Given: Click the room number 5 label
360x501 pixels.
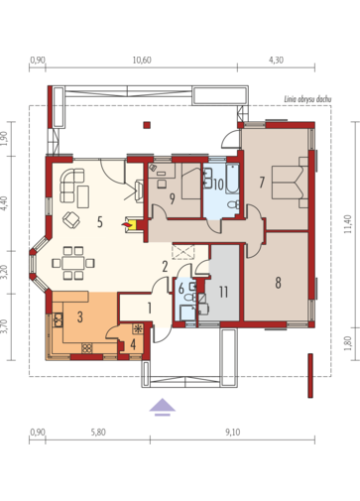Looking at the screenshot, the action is [100, 222].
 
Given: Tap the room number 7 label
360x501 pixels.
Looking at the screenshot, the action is [262, 183].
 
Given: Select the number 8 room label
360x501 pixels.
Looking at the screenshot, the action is [278, 283].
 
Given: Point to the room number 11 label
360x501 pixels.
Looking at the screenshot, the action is [223, 292].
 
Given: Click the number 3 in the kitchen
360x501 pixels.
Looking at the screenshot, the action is [79, 316].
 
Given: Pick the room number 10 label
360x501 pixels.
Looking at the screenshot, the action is [218, 185].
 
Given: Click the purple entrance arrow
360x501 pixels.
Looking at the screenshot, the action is [162, 407].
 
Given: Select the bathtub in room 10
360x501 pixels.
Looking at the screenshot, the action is [232, 179].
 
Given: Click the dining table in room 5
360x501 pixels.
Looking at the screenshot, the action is [73, 263].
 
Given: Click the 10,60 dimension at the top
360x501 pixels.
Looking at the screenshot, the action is [142, 61].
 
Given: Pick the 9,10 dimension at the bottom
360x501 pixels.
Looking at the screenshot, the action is [233, 433].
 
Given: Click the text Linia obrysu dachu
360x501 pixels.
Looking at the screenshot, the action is [307, 99].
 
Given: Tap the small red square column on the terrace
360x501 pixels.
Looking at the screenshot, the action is [147, 125].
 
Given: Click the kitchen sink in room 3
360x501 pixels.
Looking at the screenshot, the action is [59, 319].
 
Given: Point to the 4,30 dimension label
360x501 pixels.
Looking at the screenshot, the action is [276, 61].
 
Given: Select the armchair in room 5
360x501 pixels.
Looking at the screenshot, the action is [71, 219].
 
